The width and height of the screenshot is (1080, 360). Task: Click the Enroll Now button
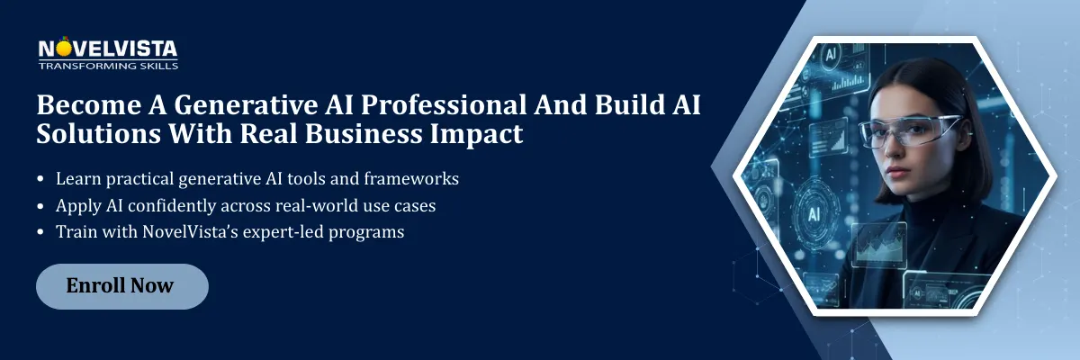[x=121, y=286]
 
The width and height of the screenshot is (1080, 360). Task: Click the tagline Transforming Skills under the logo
[x=108, y=66]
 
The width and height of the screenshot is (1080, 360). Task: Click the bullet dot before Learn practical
[x=42, y=180]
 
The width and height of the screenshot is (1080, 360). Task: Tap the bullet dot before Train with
[x=42, y=233]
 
